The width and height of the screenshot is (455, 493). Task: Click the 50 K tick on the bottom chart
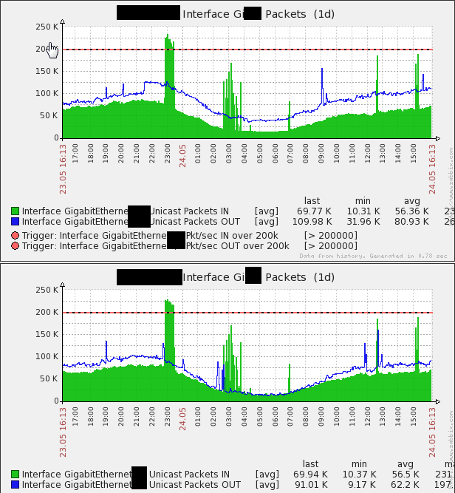[x=49, y=378]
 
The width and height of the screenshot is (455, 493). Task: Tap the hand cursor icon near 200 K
[x=52, y=50]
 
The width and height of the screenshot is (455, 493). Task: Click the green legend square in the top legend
[x=15, y=211]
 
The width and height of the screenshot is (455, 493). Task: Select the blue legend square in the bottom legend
[x=15, y=485]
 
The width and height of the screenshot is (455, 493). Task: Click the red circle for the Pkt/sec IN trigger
[x=15, y=235]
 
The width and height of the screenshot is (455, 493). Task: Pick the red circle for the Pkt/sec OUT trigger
[x=15, y=245]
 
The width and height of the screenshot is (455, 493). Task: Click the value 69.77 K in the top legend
[x=314, y=211]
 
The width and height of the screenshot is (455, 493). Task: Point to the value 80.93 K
[x=411, y=221]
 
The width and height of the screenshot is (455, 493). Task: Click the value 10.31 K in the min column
[x=362, y=211]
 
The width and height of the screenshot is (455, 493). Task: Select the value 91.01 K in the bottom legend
[x=314, y=485]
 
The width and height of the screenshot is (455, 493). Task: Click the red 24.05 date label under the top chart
[x=182, y=155]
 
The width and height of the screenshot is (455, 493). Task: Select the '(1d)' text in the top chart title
[x=324, y=13]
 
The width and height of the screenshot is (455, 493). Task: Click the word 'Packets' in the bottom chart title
[x=285, y=277]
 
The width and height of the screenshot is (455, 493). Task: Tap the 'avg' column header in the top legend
[x=411, y=200]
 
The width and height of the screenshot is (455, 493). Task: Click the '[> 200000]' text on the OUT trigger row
[x=330, y=245]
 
